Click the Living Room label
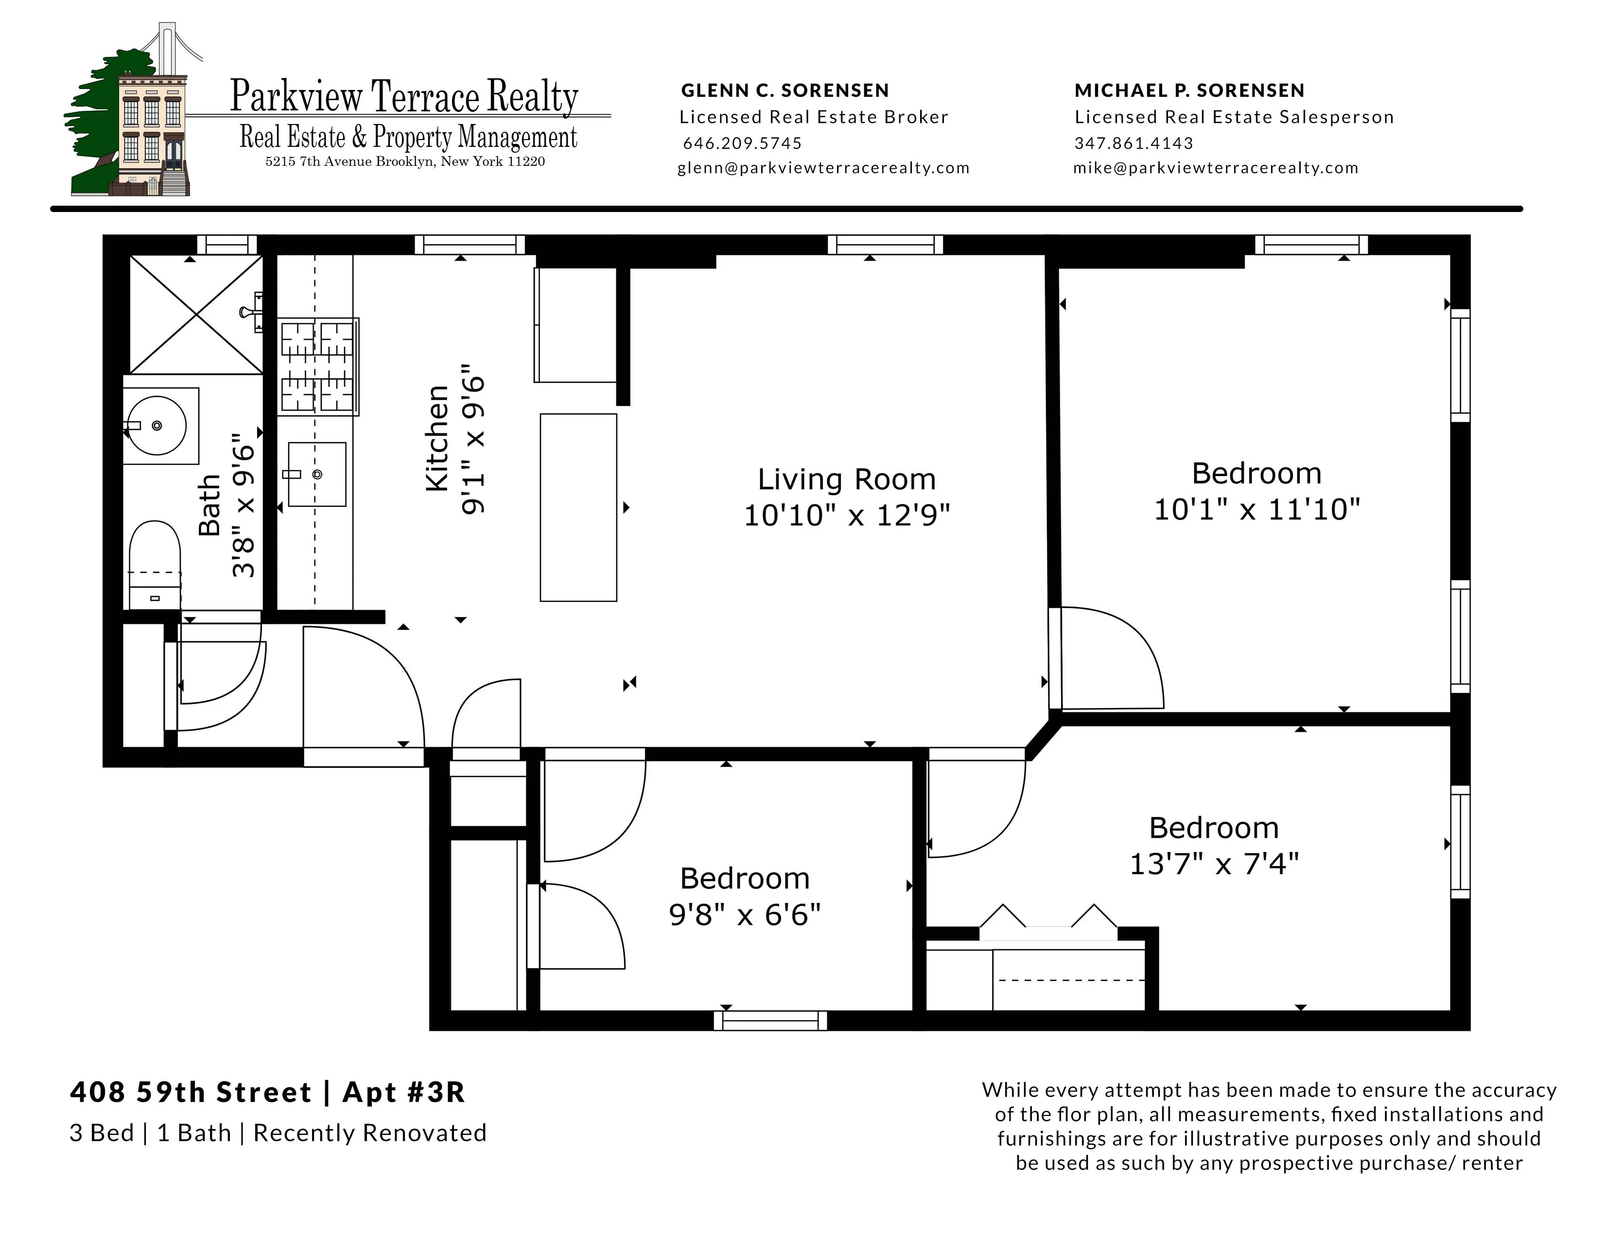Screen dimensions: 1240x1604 click(846, 479)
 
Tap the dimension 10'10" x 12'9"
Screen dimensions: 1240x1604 click(846, 515)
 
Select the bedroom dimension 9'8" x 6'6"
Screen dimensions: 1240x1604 click(744, 915)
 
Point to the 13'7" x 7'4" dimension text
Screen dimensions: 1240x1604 click(1213, 864)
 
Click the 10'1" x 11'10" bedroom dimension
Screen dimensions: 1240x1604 click(1256, 509)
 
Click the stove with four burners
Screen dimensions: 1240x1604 click(317, 366)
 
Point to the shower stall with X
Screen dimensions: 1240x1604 click(195, 315)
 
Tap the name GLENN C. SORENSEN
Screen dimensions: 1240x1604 click(785, 90)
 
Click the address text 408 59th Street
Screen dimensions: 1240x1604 click(191, 1092)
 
